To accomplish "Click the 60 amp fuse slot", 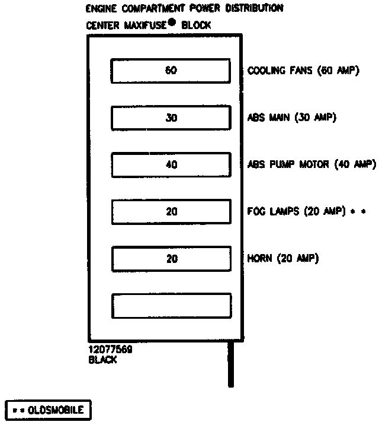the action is pyautogui.click(x=171, y=71).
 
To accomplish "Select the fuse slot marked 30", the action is pyautogui.click(x=171, y=118).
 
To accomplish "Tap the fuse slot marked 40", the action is pyautogui.click(x=171, y=165).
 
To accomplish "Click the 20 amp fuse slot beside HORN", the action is pyautogui.click(x=171, y=259).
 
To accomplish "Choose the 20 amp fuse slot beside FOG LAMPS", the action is pyautogui.click(x=171, y=211).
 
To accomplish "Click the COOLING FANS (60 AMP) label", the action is pyautogui.click(x=303, y=71).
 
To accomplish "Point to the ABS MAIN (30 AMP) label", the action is pyautogui.click(x=291, y=118).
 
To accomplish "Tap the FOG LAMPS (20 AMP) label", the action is pyautogui.click(x=296, y=211).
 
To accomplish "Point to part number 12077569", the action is pyautogui.click(x=110, y=350).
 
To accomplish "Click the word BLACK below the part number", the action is pyautogui.click(x=102, y=360).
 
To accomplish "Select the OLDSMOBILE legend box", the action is pyautogui.click(x=48, y=409).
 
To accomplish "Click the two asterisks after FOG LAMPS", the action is pyautogui.click(x=359, y=211).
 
